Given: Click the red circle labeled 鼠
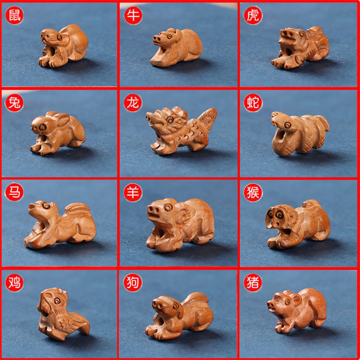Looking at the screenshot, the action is (14, 15).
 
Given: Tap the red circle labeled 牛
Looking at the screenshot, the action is (133, 15).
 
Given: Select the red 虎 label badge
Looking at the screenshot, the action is (253, 15).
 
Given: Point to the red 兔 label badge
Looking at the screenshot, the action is (14, 103).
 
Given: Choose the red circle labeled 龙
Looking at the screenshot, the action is (133, 103).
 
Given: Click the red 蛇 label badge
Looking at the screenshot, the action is (253, 103).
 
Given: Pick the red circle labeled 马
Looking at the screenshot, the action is (14, 192).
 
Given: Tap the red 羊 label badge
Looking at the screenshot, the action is (133, 193).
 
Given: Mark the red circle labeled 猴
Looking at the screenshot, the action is (253, 193).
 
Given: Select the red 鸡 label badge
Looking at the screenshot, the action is (14, 283).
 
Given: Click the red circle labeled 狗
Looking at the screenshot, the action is (133, 283).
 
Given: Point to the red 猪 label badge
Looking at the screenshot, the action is (253, 283).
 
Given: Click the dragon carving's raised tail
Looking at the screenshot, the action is (208, 118).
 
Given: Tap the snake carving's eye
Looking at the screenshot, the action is (287, 125).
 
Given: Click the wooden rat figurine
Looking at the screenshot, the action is (63, 46).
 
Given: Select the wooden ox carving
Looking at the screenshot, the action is (176, 48).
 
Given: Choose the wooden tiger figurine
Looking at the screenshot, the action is (300, 48).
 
